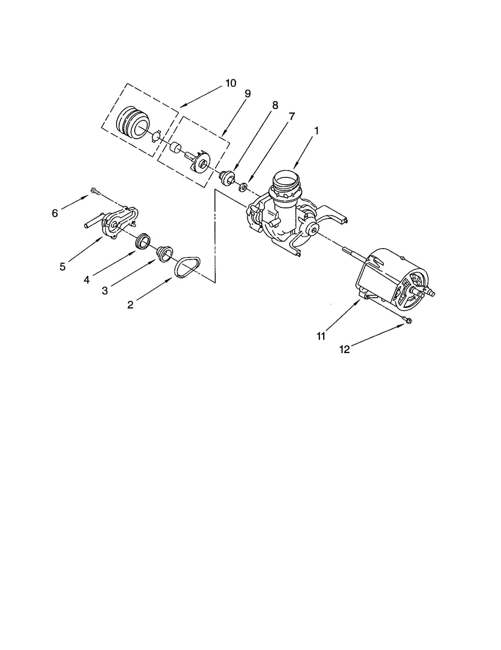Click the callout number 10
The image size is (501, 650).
pos(231,83)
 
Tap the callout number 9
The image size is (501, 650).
pos(248,94)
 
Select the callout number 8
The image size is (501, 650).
pos(275,106)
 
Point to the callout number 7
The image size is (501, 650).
pos(292,117)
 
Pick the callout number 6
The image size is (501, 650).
pos(55,213)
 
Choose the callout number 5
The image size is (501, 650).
pos(63,267)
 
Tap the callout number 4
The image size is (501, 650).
pos(87,280)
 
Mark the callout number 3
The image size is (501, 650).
pos(105,291)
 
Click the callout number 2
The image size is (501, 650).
pos(130,304)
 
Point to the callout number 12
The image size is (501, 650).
pos(344,350)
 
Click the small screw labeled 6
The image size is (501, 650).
pos(95,191)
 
